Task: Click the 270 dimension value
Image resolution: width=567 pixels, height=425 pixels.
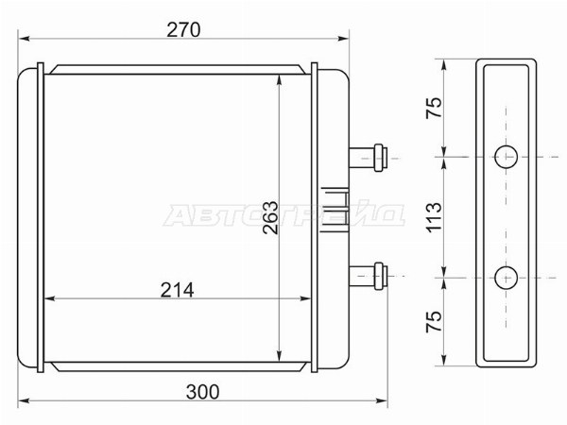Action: pos(183,29)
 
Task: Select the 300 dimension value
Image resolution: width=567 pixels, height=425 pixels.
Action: pos(202,392)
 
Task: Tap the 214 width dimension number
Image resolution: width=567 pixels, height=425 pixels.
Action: pos(178,290)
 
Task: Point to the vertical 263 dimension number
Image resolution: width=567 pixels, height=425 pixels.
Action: pos(271,217)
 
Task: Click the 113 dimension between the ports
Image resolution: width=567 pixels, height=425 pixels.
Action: pos(434,217)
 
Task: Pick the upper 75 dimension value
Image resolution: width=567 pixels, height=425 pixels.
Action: pos(434,108)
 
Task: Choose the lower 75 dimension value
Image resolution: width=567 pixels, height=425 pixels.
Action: pos(434,321)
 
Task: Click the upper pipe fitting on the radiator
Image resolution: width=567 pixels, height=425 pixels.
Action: pos(369,158)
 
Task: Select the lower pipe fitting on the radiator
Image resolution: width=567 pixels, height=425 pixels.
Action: pos(369,276)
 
